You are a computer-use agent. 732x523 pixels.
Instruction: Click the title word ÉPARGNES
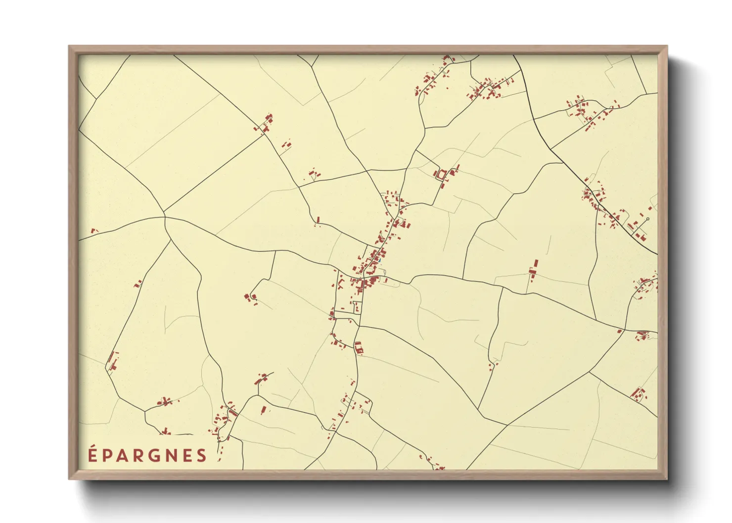147,455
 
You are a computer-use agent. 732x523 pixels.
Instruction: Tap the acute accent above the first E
92,446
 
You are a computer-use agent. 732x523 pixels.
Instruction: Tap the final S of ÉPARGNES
202,456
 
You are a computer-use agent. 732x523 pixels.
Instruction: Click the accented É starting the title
92,455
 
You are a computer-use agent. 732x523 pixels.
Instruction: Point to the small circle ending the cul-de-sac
647,219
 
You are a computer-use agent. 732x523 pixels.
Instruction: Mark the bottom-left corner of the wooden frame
70,478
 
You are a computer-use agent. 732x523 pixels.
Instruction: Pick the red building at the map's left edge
92,230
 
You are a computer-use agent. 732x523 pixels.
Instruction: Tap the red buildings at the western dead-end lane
250,297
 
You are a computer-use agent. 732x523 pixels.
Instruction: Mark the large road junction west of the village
165,217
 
